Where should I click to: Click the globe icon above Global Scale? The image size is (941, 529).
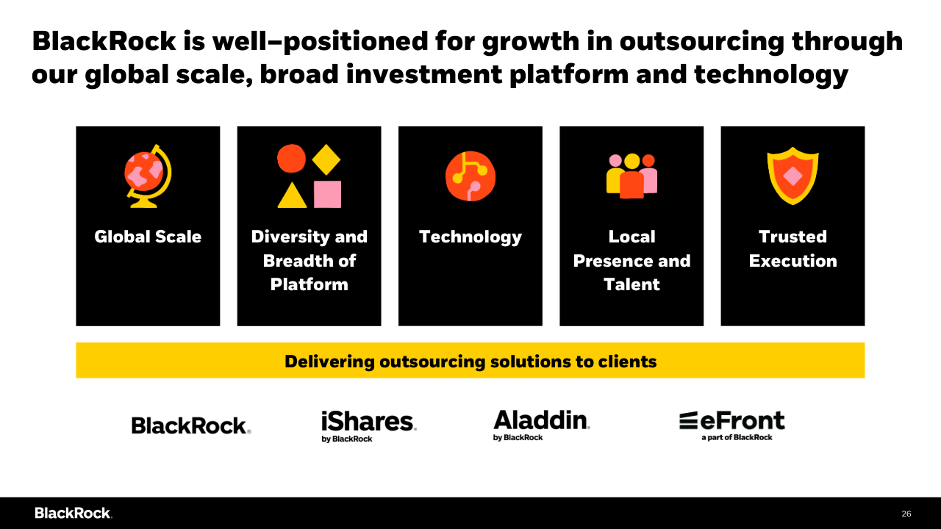pyautogui.click(x=148, y=176)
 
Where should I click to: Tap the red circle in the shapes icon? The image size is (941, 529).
pyautogui.click(x=292, y=158)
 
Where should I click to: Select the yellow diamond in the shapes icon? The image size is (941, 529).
pyautogui.click(x=326, y=159)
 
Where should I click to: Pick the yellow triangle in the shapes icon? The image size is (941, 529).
pyautogui.click(x=292, y=195)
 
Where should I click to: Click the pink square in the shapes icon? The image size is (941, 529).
pyautogui.click(x=328, y=195)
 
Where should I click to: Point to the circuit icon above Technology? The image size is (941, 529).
pyautogui.click(x=470, y=176)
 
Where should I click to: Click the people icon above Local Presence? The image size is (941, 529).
pyautogui.click(x=631, y=176)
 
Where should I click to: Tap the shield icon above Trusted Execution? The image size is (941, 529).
pyautogui.click(x=793, y=176)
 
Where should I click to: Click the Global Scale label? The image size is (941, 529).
pyautogui.click(x=148, y=237)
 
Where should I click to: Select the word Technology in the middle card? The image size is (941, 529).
pyautogui.click(x=470, y=237)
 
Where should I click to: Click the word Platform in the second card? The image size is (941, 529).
pyautogui.click(x=310, y=284)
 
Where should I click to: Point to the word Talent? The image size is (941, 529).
pyautogui.click(x=631, y=284)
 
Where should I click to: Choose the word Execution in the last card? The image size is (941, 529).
pyautogui.click(x=793, y=261)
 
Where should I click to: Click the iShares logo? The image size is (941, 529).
pyautogui.click(x=369, y=426)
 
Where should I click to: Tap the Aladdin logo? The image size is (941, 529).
pyautogui.click(x=542, y=425)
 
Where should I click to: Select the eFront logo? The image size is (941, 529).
pyautogui.click(x=731, y=425)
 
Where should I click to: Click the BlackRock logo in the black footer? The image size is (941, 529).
pyautogui.click(x=74, y=513)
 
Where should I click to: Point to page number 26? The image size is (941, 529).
pyautogui.click(x=906, y=514)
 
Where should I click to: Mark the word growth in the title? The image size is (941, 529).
pyautogui.click(x=531, y=42)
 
